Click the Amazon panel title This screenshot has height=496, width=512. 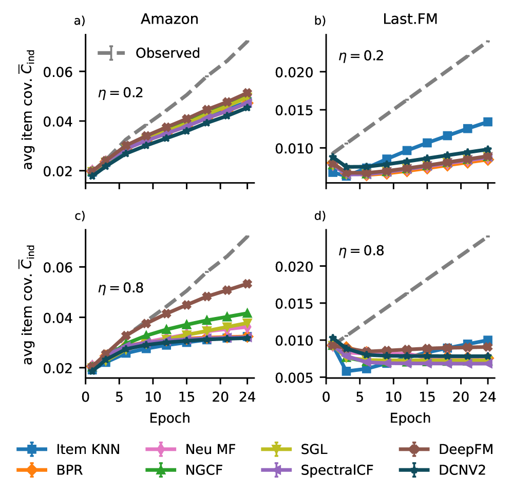tap(169, 19)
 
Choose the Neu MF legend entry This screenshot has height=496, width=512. tap(211, 450)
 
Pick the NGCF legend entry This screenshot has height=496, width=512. tap(204, 469)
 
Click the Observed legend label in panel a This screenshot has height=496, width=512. tap(167, 53)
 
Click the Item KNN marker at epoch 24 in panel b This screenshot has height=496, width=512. tap(487, 122)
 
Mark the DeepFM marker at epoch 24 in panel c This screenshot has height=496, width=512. tap(247, 284)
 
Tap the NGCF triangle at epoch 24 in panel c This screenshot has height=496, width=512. tap(247, 313)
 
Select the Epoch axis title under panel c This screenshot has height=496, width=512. tap(169, 418)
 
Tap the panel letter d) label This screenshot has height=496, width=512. tap(320, 216)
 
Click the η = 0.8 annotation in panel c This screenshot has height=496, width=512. tap(120, 288)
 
